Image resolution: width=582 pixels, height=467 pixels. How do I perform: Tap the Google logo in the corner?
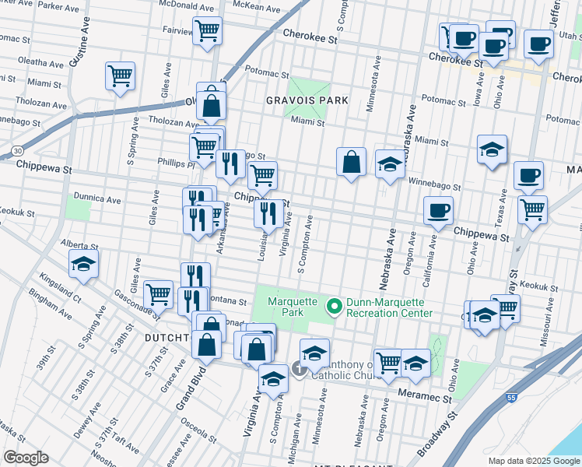coord(26,457)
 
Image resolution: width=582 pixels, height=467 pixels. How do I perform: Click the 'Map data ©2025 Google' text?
coord(534,461)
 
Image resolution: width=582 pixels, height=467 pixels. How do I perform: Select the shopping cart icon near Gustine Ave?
coord(120,76)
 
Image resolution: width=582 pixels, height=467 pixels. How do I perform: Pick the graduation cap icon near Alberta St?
coord(84,264)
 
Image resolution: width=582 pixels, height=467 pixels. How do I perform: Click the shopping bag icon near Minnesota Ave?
coord(351,161)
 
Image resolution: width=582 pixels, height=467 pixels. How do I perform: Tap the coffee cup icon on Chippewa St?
coord(438,209)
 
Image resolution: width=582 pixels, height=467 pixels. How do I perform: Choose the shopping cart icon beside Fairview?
coord(207,31)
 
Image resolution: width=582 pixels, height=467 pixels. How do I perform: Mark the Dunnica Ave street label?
coord(96,199)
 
